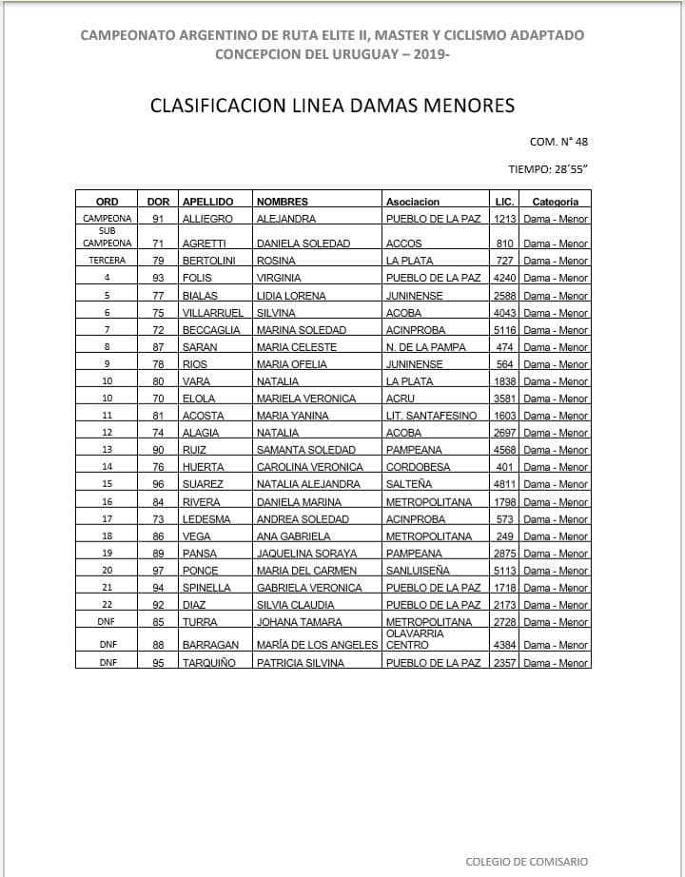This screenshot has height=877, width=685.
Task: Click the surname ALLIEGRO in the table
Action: tap(207, 219)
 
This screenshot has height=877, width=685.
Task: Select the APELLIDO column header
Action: tap(207, 202)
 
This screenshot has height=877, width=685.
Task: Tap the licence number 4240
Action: tap(505, 278)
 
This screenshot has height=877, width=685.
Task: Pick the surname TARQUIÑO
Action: tap(210, 662)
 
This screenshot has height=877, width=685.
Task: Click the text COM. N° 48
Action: tap(558, 142)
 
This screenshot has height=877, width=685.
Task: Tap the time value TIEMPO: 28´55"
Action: tap(549, 169)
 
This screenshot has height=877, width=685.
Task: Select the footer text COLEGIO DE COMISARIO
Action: tap(526, 862)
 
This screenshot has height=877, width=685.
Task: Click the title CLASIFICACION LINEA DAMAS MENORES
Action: tap(332, 105)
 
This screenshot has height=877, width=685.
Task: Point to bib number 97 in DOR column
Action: tap(159, 571)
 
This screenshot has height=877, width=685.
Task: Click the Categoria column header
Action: tap(555, 202)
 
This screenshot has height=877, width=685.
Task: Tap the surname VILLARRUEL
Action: tap(213, 312)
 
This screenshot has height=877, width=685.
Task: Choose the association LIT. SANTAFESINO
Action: tap(431, 416)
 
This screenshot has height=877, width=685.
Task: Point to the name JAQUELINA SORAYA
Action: tap(307, 554)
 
